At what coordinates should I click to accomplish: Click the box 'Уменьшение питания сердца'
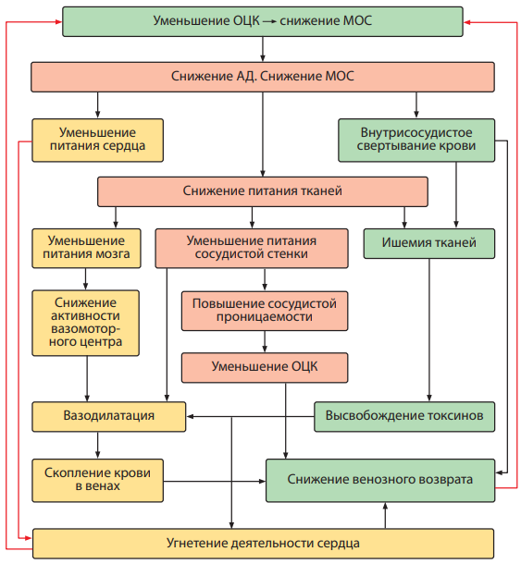tap(97, 141)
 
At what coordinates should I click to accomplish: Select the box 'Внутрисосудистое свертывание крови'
tap(416, 141)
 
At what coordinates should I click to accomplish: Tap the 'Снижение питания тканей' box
tap(263, 191)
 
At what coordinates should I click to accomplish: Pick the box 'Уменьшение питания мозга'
tap(86, 248)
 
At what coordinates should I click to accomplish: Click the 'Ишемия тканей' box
tap(429, 243)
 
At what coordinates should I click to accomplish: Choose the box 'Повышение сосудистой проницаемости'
tap(265, 311)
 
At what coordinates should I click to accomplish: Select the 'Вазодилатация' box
tap(109, 416)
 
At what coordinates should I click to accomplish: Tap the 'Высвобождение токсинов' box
tap(404, 416)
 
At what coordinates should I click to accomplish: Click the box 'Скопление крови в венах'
tap(97, 480)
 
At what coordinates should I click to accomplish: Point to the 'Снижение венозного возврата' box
tap(380, 480)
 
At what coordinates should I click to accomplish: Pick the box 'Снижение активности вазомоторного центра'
tap(86, 323)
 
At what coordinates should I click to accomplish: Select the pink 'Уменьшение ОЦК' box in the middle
tap(265, 367)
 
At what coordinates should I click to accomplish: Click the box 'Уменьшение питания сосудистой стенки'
tap(252, 248)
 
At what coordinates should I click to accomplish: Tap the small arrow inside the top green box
tap(269, 21)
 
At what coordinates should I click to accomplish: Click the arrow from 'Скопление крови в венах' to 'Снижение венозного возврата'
tap(215, 481)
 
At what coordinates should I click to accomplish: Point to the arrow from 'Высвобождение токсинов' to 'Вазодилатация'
tap(250, 416)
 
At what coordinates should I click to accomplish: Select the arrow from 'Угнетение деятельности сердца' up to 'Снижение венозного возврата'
tap(385, 515)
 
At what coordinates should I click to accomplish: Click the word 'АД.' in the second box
tap(247, 76)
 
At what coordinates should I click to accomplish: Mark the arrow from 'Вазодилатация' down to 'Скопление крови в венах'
tap(97, 446)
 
